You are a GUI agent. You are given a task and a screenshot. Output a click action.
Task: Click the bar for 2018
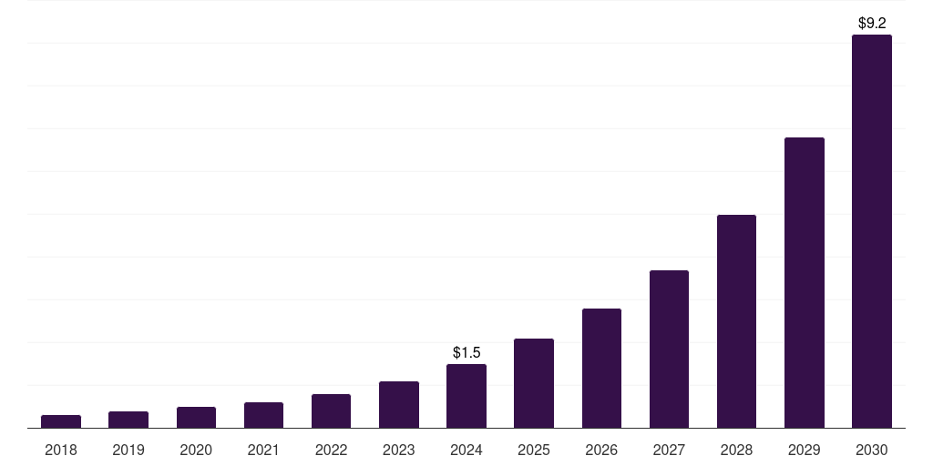click(61, 421)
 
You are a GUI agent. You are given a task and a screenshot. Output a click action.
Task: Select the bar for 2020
click(196, 418)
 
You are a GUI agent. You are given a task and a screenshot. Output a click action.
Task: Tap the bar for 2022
click(331, 411)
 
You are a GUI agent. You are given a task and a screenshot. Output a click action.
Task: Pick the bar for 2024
click(466, 396)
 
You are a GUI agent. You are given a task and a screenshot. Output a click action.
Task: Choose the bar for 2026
click(601, 369)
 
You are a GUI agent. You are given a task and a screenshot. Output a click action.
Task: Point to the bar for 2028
click(736, 321)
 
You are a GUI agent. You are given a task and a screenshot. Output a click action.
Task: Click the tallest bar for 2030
click(872, 231)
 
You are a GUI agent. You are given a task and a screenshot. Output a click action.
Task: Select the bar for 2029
click(805, 283)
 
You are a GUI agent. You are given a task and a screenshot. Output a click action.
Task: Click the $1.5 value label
click(466, 352)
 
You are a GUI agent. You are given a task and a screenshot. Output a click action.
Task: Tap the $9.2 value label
click(872, 23)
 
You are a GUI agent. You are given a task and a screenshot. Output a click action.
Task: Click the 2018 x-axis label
click(61, 450)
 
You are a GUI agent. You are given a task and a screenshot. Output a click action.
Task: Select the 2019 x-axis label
click(128, 450)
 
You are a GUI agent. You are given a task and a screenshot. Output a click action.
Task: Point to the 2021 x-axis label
click(263, 450)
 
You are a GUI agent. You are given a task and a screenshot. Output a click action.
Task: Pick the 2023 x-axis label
click(399, 450)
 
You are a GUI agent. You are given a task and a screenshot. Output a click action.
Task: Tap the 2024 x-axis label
click(466, 450)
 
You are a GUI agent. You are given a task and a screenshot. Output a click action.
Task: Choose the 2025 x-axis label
click(534, 450)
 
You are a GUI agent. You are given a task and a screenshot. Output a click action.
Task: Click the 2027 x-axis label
click(669, 450)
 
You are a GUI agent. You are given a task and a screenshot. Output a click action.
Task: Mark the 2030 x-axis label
click(872, 450)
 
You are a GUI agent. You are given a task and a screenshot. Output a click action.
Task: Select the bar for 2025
click(534, 383)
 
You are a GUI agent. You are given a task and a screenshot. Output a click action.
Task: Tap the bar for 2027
click(669, 349)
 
